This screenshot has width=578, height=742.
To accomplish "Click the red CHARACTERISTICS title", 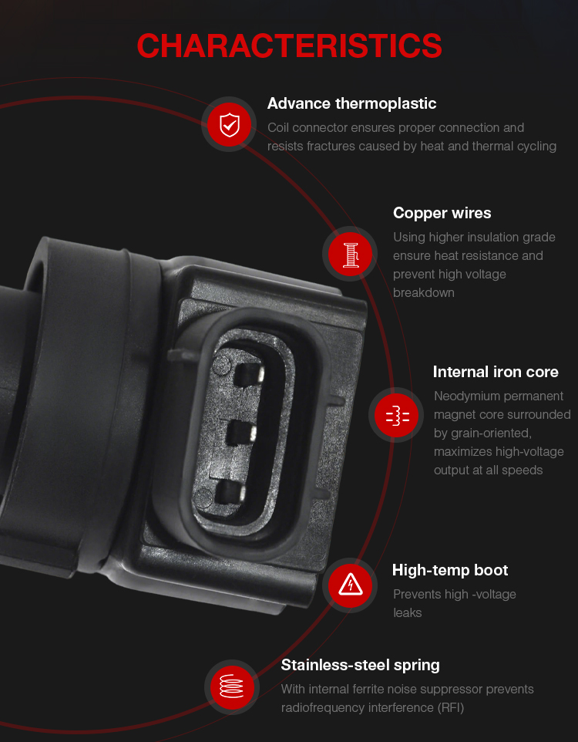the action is pos(289,46).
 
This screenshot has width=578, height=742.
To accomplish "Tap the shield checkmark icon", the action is pos(230,125).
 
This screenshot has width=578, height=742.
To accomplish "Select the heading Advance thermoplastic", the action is pos(351,103).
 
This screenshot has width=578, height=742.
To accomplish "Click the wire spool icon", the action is pos(350,254).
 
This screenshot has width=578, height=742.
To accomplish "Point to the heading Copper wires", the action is pos(442,213).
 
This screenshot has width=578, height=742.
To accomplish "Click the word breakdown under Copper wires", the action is pos(423,293).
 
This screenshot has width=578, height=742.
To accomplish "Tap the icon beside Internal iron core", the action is pos(396,415).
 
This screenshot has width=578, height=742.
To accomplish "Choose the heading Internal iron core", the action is pos(496,372).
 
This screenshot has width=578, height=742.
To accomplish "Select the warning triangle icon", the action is pos(350,585).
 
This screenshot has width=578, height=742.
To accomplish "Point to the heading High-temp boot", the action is pos(450,570).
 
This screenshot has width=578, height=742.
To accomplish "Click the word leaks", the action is pos(407,613).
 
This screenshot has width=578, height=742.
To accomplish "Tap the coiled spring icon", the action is pos(232,686).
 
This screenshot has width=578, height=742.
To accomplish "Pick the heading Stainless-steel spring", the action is pos(360,666).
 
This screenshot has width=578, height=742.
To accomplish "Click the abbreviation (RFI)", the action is pos(450,708).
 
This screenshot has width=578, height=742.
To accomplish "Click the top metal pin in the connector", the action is pos(249,374).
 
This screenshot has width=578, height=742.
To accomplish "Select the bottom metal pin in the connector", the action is pos(230,493).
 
